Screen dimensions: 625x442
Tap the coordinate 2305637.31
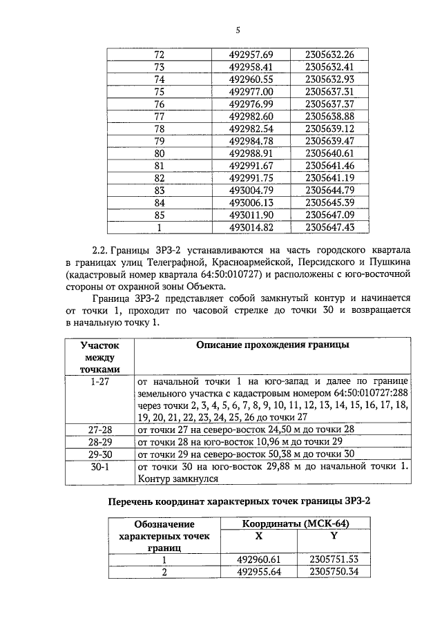[329, 91]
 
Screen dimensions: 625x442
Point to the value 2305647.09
[329, 215]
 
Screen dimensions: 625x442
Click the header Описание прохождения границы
[272, 344]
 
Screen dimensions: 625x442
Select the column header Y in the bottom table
[334, 536]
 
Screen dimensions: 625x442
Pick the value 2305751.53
[334, 560]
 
